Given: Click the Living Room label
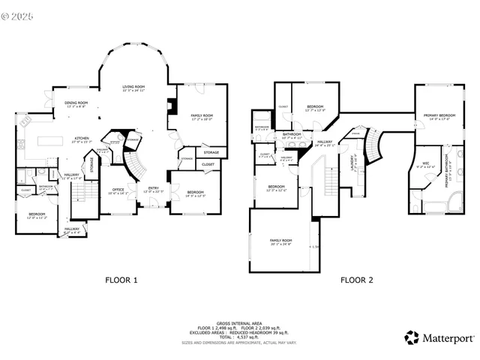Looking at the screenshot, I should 134,87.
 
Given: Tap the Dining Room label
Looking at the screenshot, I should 76,103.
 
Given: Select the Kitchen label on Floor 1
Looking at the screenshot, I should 82,138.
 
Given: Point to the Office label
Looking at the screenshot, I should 118,190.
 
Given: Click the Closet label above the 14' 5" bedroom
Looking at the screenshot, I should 208,163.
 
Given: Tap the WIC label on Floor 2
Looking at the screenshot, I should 425,163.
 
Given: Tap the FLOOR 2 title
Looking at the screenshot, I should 356,280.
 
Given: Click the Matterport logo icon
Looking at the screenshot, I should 411,337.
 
